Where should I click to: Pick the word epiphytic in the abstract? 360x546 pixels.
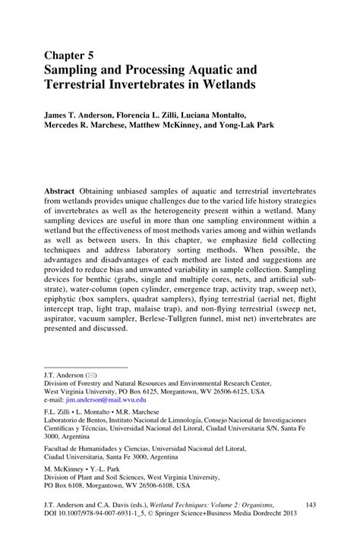coord(65,298)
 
